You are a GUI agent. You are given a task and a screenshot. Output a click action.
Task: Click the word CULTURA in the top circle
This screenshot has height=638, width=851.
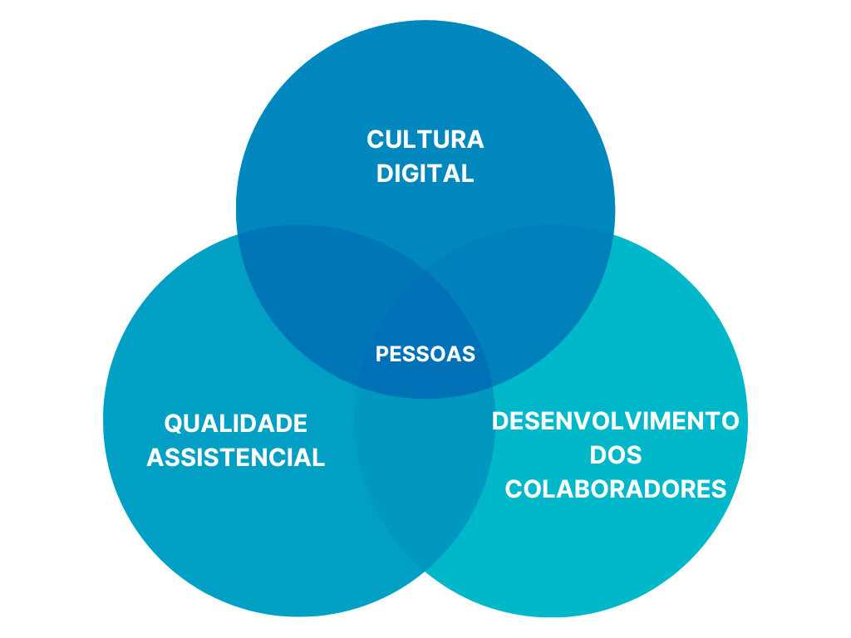point(425,139)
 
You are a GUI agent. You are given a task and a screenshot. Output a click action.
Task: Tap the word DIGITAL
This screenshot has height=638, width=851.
point(425,173)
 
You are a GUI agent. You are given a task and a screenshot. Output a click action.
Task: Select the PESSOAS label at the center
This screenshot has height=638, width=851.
point(425,354)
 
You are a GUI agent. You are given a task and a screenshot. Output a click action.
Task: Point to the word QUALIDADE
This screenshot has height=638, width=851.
point(235,424)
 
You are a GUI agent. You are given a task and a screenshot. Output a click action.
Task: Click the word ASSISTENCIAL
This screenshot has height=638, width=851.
point(235,457)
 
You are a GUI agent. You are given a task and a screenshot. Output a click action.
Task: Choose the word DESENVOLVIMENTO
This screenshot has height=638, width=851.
point(615,421)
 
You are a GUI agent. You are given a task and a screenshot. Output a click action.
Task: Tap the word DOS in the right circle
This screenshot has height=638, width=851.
point(615,455)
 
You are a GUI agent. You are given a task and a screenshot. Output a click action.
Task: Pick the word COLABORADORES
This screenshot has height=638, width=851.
point(615,488)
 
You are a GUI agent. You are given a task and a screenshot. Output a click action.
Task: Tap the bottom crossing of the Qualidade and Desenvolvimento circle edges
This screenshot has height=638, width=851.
point(425,571)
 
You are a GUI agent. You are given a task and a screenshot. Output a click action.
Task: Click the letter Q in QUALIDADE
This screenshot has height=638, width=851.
point(173,424)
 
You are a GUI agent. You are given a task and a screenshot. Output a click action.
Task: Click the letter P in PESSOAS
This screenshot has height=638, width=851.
point(381,354)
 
